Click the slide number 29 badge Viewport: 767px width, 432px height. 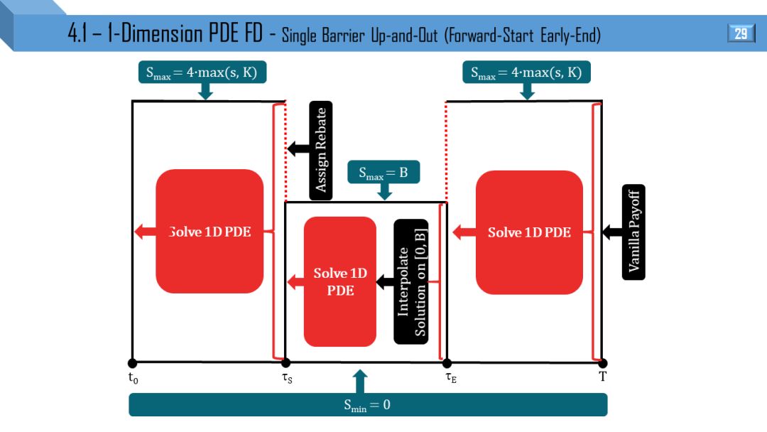[x=741, y=33]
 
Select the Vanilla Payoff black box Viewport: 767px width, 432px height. [x=633, y=232]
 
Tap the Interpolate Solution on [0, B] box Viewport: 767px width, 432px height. [x=411, y=281]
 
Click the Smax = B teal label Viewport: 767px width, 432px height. [x=383, y=172]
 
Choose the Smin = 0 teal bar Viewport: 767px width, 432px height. [x=368, y=405]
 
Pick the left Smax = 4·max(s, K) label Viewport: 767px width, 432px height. [x=202, y=72]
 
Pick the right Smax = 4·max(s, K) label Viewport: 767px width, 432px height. [x=527, y=72]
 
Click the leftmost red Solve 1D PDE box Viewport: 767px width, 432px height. [x=210, y=232]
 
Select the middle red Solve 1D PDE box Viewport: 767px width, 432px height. [x=340, y=281]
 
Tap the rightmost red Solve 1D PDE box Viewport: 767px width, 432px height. [x=529, y=232]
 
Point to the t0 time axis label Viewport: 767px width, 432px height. [x=133, y=379]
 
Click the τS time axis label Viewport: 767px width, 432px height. [x=287, y=379]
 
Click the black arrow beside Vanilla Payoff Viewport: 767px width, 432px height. [x=611, y=232]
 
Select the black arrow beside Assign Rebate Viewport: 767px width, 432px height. [x=298, y=148]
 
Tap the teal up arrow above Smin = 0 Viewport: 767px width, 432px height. [x=360, y=381]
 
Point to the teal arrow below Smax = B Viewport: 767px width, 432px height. [x=383, y=192]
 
